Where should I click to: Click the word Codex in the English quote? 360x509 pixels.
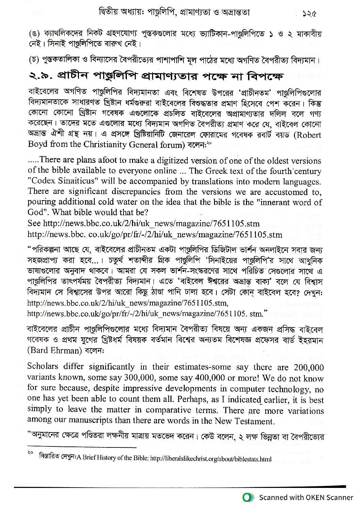[x=42, y=182]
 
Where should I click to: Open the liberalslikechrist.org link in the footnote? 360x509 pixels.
[x=210, y=459]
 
